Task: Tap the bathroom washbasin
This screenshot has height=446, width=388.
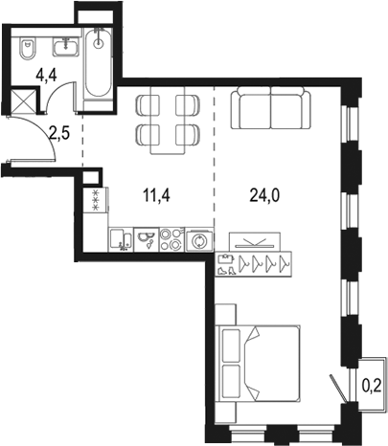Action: [67, 44]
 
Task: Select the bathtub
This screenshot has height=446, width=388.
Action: [98, 62]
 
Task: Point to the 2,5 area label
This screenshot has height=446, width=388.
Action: [59, 133]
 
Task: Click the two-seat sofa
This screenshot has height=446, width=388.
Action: [270, 109]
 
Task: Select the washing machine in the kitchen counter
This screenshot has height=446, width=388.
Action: [198, 239]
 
